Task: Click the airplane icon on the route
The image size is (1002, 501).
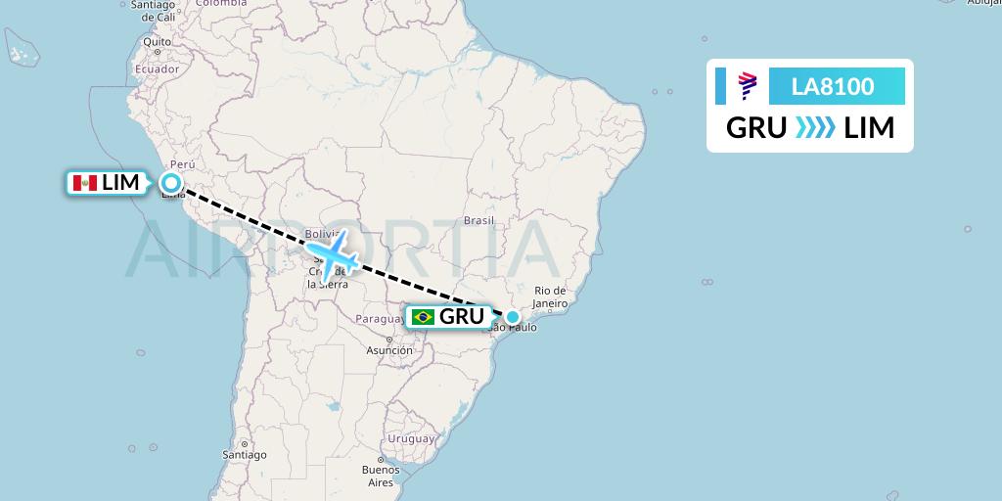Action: (332, 256)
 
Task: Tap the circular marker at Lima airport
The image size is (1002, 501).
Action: (171, 182)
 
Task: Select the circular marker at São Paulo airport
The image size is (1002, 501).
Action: (513, 316)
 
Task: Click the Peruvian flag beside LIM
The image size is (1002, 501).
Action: (84, 183)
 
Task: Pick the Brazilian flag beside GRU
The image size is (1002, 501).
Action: (424, 317)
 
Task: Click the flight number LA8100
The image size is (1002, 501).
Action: (833, 87)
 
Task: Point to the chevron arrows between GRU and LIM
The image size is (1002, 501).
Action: (815, 128)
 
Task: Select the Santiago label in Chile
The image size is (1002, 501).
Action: (245, 455)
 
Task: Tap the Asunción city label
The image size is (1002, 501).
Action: (389, 349)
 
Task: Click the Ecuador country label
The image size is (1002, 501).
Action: (158, 69)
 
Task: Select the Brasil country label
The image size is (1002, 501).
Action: (479, 221)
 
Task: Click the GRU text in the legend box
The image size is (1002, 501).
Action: (756, 128)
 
